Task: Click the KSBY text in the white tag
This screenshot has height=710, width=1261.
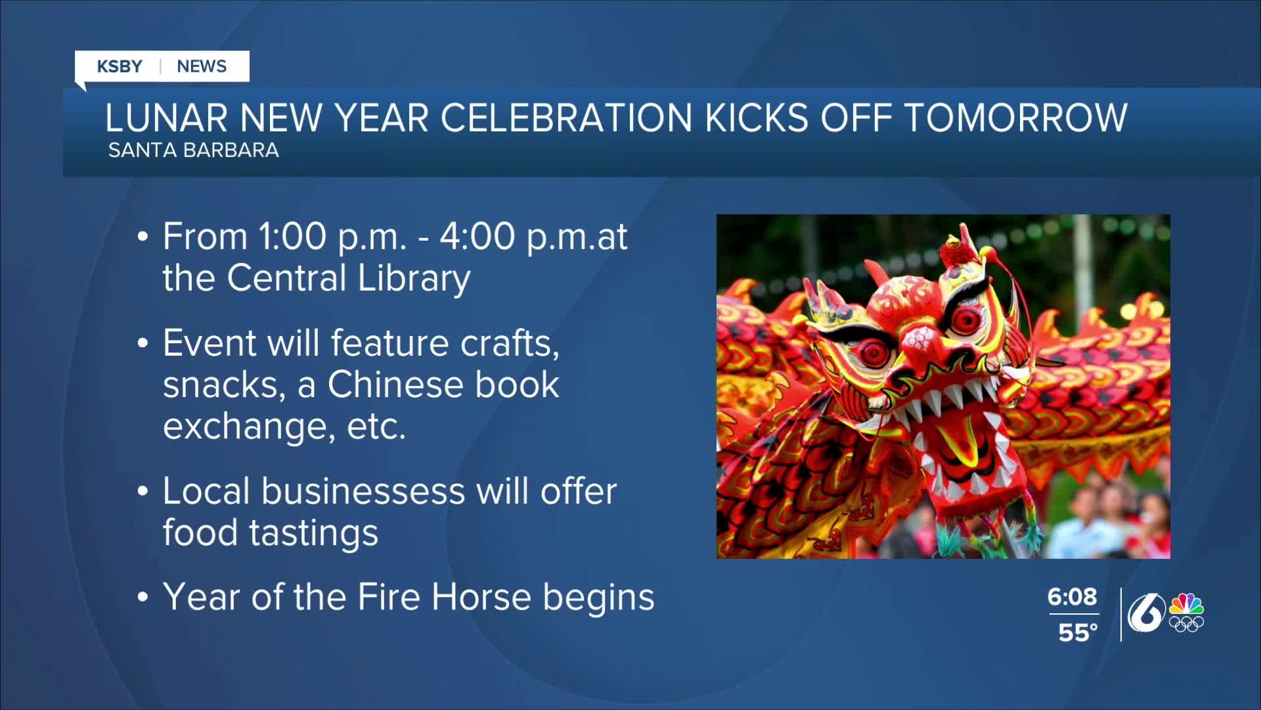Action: point(120,66)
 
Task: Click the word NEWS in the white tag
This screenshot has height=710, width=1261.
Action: point(202,66)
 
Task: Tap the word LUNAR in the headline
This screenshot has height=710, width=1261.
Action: point(167,118)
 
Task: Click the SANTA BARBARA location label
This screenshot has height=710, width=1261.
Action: point(194,151)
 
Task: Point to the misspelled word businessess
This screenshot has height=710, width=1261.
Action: point(363,492)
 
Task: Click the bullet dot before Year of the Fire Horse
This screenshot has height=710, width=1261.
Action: point(143,599)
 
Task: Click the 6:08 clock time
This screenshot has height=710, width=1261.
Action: point(1072,597)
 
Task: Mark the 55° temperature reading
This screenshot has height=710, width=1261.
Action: point(1078,632)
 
